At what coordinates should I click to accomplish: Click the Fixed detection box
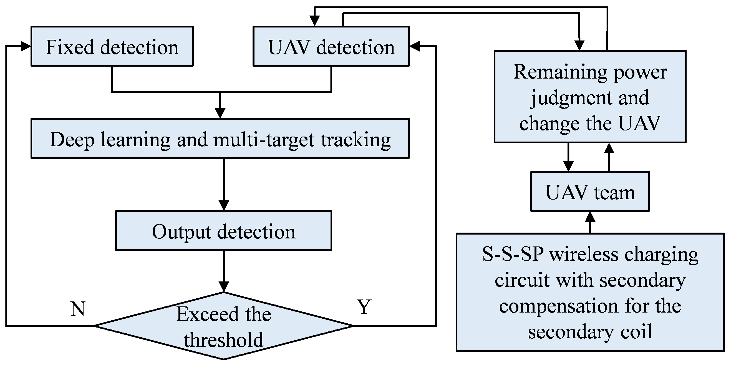coord(112,47)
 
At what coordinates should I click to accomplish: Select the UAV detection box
coord(331,47)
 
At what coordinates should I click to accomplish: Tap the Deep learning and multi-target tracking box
coord(220,139)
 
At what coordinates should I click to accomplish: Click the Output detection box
coord(223,230)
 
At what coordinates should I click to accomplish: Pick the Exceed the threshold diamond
coord(223,326)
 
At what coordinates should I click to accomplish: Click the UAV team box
coord(590,192)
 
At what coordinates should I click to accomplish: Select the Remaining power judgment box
coord(590,97)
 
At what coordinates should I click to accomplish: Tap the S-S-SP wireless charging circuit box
coord(590,292)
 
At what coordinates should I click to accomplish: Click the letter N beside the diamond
coord(77,309)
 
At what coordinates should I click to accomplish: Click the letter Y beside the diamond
coord(364,307)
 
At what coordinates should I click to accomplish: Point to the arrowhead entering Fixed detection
coord(26,47)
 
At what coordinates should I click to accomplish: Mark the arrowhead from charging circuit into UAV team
coord(590,217)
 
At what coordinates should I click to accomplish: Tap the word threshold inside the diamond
coord(224,340)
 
